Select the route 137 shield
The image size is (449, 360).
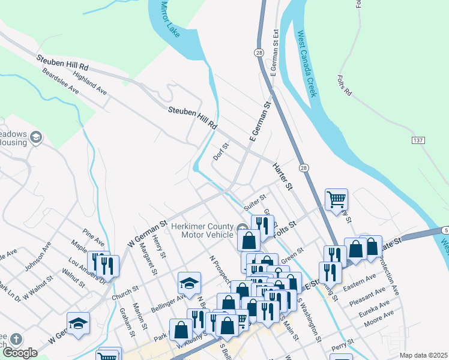tap(418, 140)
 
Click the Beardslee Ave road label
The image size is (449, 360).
tap(60, 80)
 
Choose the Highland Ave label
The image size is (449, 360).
tap(89, 84)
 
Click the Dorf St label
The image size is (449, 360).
tap(221, 151)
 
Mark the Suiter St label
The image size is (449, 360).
tap(255, 202)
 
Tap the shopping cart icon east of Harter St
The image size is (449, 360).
tap(336, 199)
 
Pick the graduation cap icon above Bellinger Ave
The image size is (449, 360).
tap(189, 282)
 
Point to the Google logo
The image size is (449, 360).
tap(20, 353)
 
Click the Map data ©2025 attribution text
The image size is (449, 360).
tap(423, 355)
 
